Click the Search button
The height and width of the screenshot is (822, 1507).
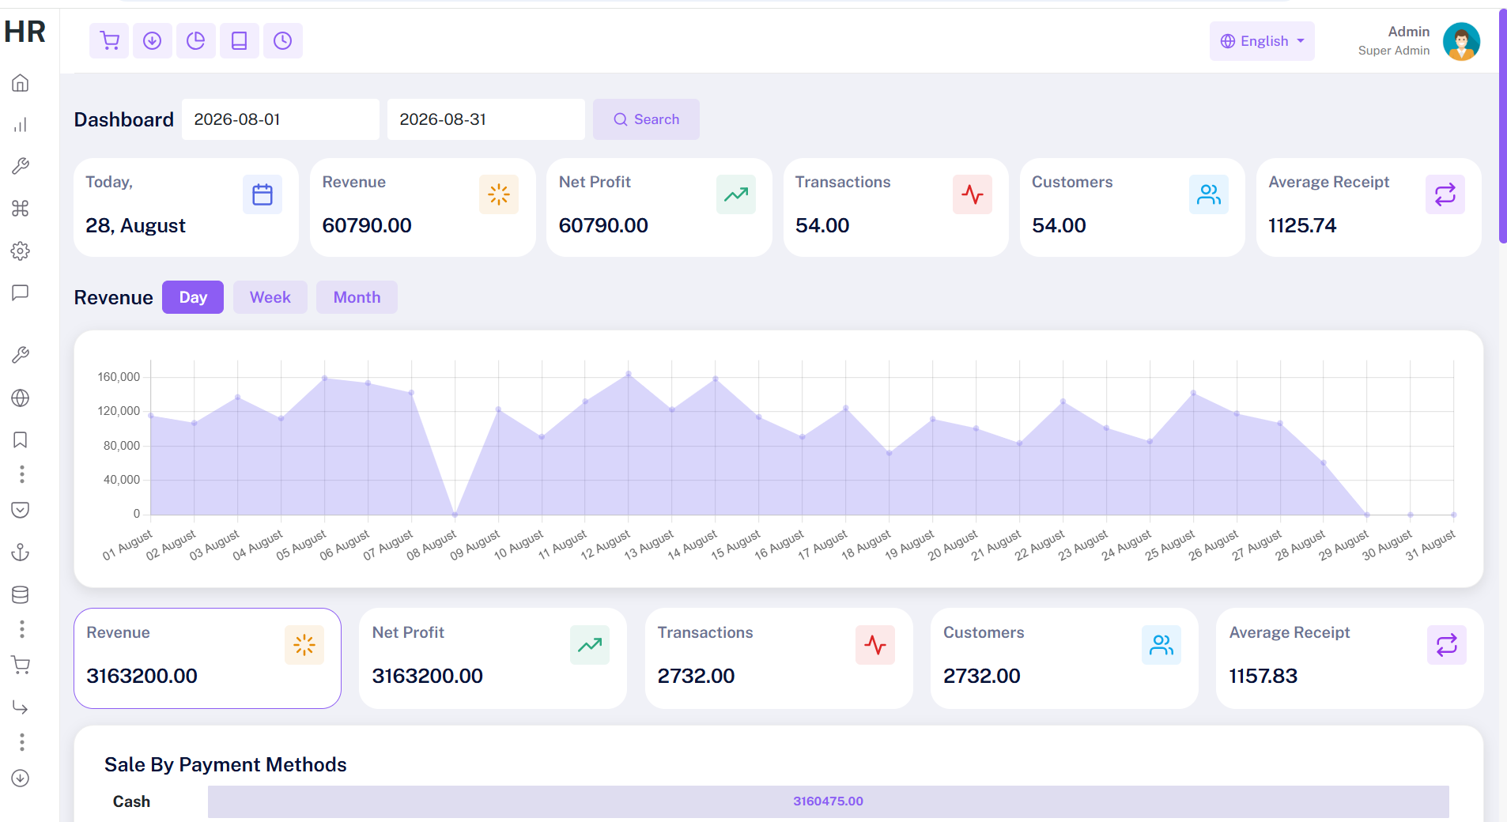[646, 119]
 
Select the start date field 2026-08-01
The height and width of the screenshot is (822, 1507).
[281, 119]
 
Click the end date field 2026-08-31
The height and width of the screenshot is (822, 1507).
[486, 119]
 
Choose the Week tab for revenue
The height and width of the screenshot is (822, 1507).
[270, 297]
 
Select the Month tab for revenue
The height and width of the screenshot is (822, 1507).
[357, 297]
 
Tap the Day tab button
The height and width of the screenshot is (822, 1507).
[193, 297]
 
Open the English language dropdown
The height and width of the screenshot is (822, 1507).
[1262, 41]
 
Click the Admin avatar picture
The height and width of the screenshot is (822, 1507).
[1461, 41]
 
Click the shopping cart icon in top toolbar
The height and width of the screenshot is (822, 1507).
[109, 40]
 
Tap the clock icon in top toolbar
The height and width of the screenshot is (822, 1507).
[282, 40]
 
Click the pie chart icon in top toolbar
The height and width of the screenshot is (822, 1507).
[195, 40]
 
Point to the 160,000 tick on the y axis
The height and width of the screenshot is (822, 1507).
[119, 377]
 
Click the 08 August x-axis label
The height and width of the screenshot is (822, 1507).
[432, 545]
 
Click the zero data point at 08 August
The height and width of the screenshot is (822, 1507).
[455, 515]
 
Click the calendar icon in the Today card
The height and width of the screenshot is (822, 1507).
[262, 194]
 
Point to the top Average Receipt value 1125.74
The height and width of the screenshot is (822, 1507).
[1302, 225]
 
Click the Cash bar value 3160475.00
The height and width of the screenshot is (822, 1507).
[828, 801]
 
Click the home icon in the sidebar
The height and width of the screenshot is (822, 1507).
[21, 83]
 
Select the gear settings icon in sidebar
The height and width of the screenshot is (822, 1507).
[21, 251]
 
